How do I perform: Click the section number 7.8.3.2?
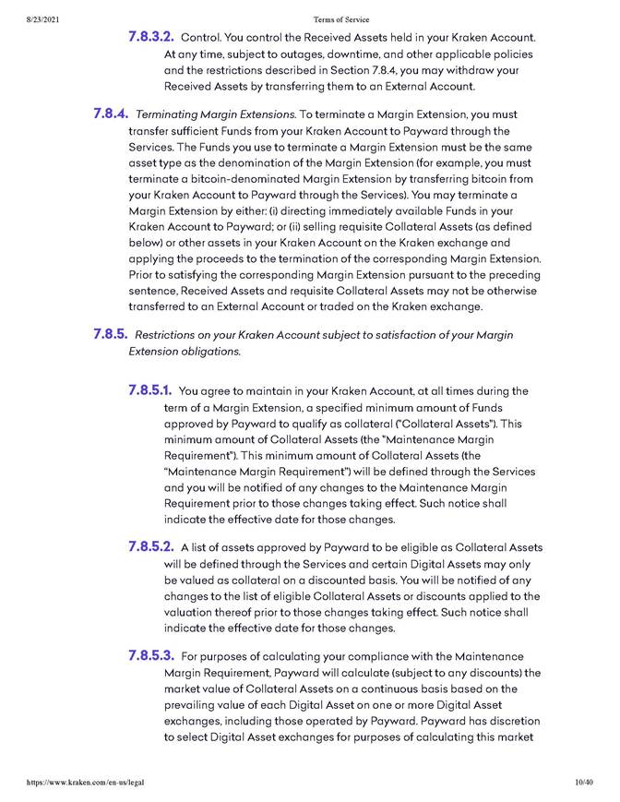click(x=150, y=38)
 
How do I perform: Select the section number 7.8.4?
click(x=111, y=114)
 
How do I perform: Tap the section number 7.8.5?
click(x=111, y=334)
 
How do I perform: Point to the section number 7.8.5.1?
click(x=151, y=390)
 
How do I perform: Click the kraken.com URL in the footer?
click(x=73, y=783)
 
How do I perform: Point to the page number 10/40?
click(x=583, y=783)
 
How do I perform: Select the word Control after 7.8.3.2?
click(x=201, y=39)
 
